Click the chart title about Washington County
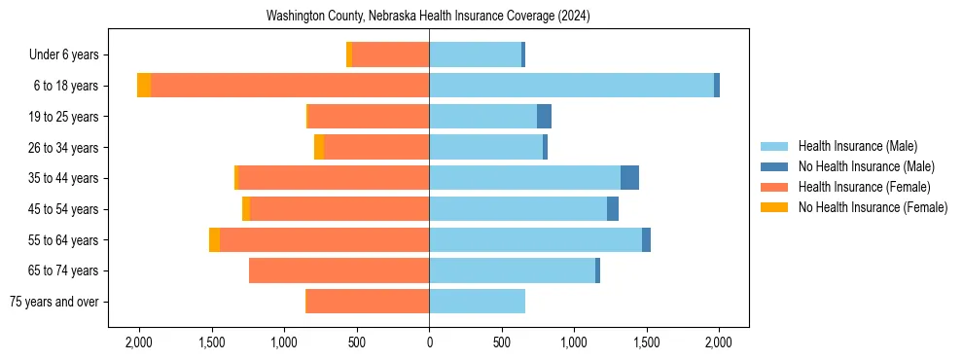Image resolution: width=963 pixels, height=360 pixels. [429, 17]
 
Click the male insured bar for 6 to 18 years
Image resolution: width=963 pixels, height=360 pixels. [571, 86]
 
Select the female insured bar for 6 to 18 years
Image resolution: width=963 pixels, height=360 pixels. [290, 86]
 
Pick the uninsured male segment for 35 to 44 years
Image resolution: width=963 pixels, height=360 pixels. [629, 178]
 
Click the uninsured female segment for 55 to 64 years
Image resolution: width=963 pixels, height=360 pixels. [214, 240]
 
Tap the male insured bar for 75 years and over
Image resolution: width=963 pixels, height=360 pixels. [477, 302]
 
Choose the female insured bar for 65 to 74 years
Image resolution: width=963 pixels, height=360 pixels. [339, 270]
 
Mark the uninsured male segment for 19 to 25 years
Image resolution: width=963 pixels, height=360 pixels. [544, 117]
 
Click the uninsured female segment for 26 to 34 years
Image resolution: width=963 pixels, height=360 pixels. [319, 147]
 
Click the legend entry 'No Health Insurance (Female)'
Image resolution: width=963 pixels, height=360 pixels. [873, 207]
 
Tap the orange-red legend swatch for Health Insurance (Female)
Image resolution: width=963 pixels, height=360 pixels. [774, 187]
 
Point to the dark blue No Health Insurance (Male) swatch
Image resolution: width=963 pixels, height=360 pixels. [774, 166]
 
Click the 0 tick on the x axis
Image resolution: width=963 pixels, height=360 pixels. [429, 342]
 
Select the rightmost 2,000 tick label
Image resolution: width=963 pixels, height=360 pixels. [719, 342]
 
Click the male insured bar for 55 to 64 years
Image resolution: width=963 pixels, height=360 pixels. [535, 240]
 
